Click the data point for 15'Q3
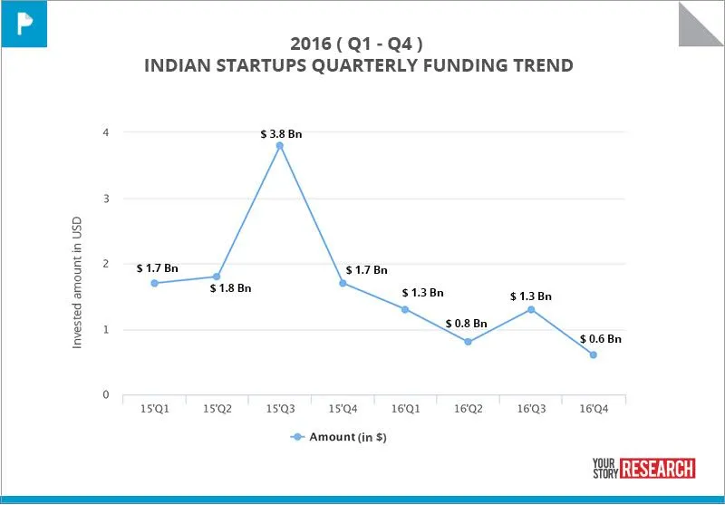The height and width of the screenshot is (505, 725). pos(279,145)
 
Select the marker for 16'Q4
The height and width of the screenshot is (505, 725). pos(594,354)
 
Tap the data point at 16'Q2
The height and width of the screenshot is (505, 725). pos(468,342)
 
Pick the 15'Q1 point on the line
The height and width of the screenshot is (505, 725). pos(154,283)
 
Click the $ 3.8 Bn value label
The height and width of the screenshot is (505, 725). pos(281,133)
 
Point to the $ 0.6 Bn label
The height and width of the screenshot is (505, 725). pos(601,338)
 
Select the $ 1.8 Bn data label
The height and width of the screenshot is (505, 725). pos(230,288)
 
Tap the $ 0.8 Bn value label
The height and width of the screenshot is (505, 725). pos(466,324)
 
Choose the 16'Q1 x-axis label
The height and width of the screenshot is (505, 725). pos(405,410)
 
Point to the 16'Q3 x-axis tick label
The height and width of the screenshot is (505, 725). pos(531,410)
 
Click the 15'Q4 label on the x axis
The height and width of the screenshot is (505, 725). pos(342,410)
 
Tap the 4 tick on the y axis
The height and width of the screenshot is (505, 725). pos(105,132)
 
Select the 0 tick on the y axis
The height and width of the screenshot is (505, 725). pos(105,395)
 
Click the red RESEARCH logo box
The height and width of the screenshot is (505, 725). pos(659,468)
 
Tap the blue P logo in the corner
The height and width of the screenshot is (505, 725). pos(24,23)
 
